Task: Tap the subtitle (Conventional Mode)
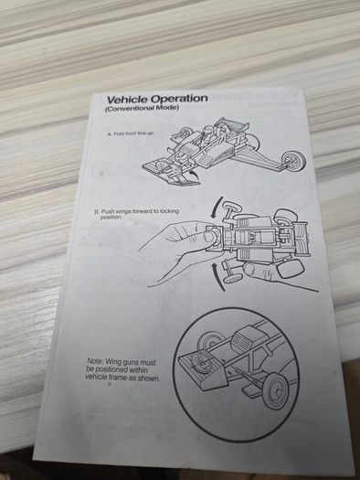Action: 142,109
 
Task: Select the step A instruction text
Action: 131,133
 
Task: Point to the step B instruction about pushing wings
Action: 136,214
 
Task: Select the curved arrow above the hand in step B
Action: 216,208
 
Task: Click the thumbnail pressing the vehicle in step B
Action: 209,237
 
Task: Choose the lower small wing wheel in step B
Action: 233,278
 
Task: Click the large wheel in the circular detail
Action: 275,390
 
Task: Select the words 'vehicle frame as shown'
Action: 122,377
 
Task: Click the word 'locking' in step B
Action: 169,211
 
